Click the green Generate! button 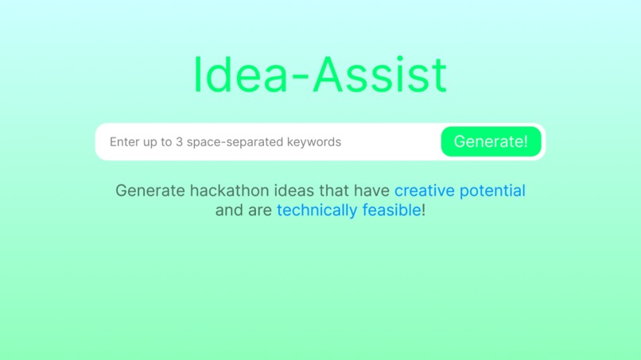tap(491, 141)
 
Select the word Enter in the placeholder tap(124, 142)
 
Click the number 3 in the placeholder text tap(179, 142)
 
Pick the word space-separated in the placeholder tap(235, 142)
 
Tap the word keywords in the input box tap(315, 142)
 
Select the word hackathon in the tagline tap(225, 191)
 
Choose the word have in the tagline tap(373, 191)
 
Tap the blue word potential tap(493, 191)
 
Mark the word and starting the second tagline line tap(228, 211)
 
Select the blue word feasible tap(391, 211)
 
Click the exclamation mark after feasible tap(423, 211)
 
